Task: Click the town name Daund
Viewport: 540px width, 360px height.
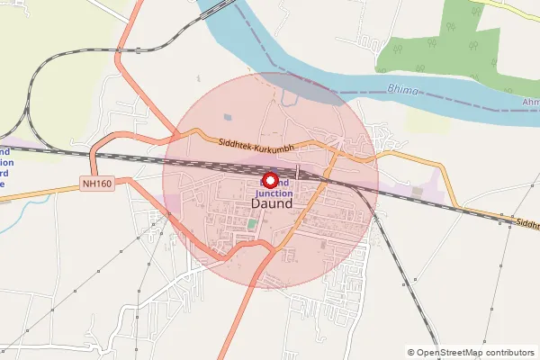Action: (x=270, y=204)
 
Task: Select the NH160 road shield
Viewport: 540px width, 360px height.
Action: (x=98, y=182)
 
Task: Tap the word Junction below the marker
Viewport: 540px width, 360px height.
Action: (x=274, y=193)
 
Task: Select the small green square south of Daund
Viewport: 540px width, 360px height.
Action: (x=251, y=222)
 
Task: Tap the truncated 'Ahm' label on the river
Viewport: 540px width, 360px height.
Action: (x=530, y=102)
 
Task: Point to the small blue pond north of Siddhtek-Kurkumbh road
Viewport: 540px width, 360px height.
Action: (x=228, y=116)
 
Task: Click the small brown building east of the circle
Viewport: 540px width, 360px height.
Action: (x=416, y=191)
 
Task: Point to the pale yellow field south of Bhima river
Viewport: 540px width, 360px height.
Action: (x=423, y=119)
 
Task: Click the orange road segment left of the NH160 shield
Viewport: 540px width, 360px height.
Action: (x=40, y=189)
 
